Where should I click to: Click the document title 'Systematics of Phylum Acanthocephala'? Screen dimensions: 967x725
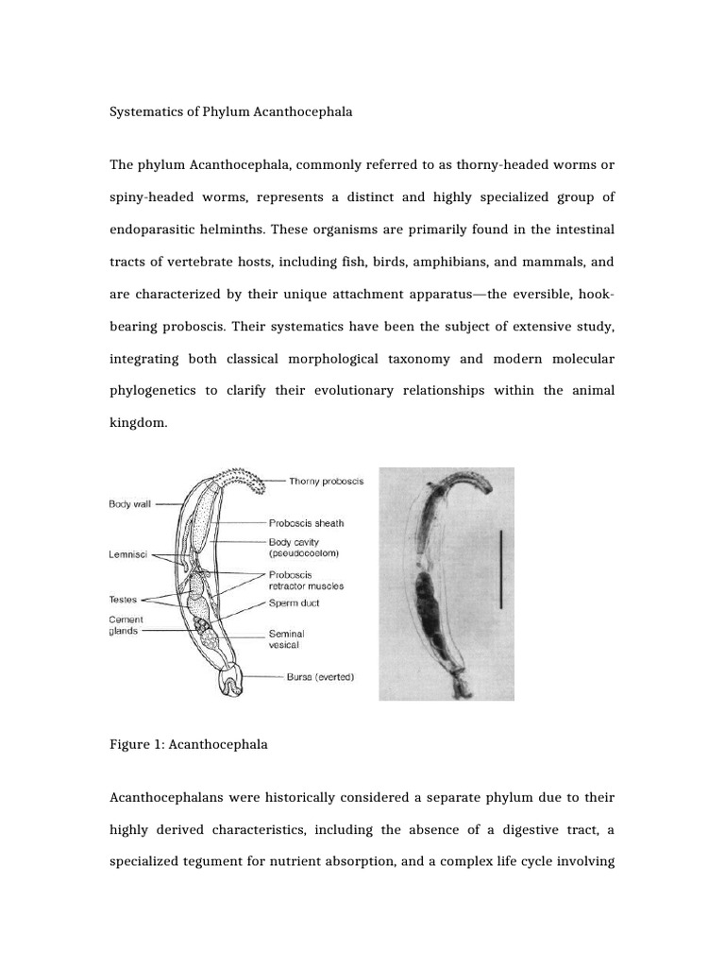[231, 112]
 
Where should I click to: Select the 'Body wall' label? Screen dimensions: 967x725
[129, 504]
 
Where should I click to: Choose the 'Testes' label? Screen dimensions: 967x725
[123, 599]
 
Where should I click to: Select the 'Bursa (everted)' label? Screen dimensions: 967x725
[320, 677]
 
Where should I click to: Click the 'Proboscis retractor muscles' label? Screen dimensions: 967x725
[306, 580]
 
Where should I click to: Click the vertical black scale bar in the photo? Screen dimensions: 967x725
[500, 568]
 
